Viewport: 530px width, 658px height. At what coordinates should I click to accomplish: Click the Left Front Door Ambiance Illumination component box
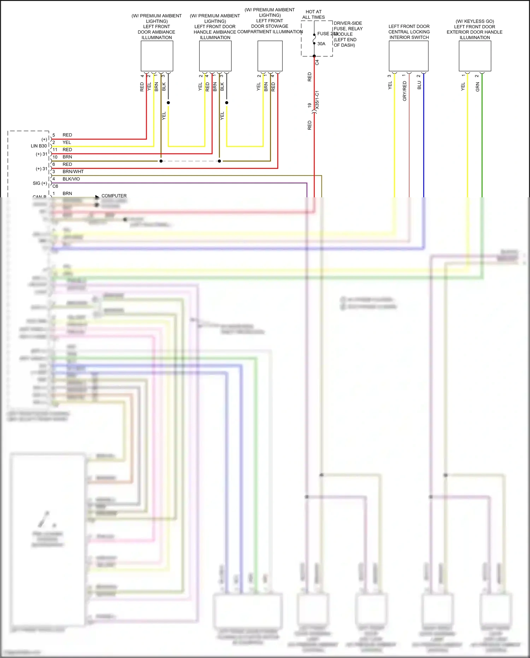(157, 56)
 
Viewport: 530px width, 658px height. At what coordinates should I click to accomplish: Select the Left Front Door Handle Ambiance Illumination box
(215, 56)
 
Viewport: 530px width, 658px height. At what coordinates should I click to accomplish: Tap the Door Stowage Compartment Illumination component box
(270, 56)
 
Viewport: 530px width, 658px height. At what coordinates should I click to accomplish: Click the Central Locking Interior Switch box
(408, 56)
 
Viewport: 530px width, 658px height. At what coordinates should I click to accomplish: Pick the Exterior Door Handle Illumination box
(475, 56)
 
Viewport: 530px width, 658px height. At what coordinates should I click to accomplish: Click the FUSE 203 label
(327, 34)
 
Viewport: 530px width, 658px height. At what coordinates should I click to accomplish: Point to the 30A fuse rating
(321, 44)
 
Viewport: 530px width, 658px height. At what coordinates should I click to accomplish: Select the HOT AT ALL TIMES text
(313, 14)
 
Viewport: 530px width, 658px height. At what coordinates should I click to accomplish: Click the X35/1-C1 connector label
(317, 100)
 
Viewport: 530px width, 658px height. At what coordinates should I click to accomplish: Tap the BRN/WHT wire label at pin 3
(73, 171)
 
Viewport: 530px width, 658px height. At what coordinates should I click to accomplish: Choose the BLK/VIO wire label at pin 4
(71, 179)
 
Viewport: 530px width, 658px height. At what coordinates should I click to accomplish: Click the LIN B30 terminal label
(39, 146)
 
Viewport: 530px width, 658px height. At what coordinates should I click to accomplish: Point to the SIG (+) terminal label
(40, 183)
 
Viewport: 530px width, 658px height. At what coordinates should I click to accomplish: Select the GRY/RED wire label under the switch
(405, 91)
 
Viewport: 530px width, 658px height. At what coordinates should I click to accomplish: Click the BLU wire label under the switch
(419, 85)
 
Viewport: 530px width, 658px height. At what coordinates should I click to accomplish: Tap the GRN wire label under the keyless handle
(477, 87)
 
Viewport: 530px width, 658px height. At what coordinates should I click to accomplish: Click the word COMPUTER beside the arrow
(114, 196)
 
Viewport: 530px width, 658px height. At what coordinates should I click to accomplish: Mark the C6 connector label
(55, 186)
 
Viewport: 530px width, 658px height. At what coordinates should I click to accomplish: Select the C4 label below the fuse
(317, 62)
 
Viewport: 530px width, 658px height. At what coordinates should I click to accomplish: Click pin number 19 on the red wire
(310, 105)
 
